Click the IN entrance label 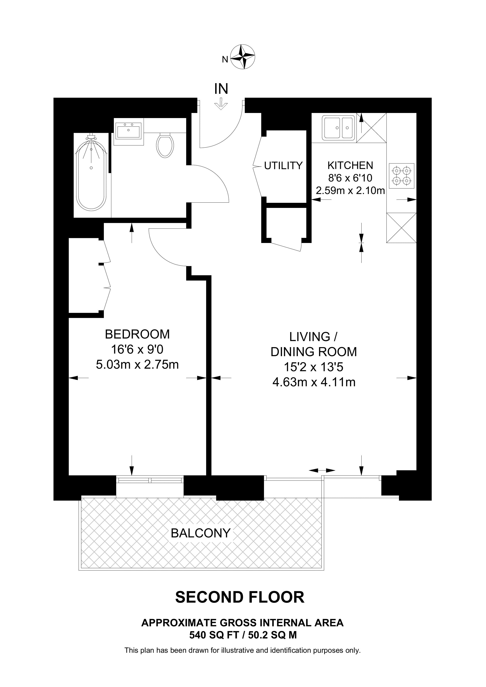tap(221, 89)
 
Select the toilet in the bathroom tap(165, 145)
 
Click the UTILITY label tap(283, 166)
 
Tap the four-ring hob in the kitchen tap(402, 176)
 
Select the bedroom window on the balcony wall tap(150, 480)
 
